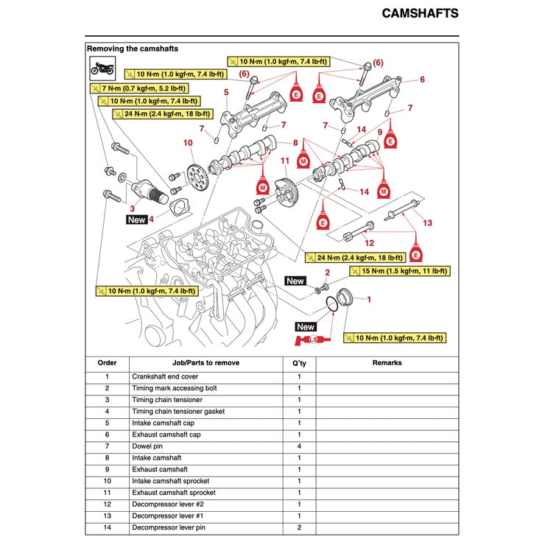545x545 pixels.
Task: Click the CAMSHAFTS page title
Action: pyautogui.click(x=420, y=13)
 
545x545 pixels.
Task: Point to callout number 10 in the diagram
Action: pyautogui.click(x=188, y=142)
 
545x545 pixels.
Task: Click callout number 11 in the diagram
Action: pyautogui.click(x=284, y=161)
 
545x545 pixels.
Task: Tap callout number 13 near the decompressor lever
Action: pyautogui.click(x=427, y=222)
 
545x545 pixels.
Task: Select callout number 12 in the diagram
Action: pyautogui.click(x=369, y=242)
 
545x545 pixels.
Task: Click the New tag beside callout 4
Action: pyautogui.click(x=137, y=219)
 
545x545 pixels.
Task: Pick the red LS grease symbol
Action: pyautogui.click(x=311, y=340)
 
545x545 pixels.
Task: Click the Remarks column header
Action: pyautogui.click(x=387, y=362)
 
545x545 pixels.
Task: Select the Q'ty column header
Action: pyautogui.click(x=299, y=362)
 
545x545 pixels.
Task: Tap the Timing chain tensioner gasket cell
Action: pyautogui.click(x=178, y=412)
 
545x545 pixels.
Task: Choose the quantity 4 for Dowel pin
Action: pyautogui.click(x=299, y=446)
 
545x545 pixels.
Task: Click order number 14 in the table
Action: pyautogui.click(x=107, y=528)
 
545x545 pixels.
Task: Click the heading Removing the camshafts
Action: pyautogui.click(x=133, y=49)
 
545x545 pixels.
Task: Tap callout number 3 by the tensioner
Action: pyautogui.click(x=132, y=209)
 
